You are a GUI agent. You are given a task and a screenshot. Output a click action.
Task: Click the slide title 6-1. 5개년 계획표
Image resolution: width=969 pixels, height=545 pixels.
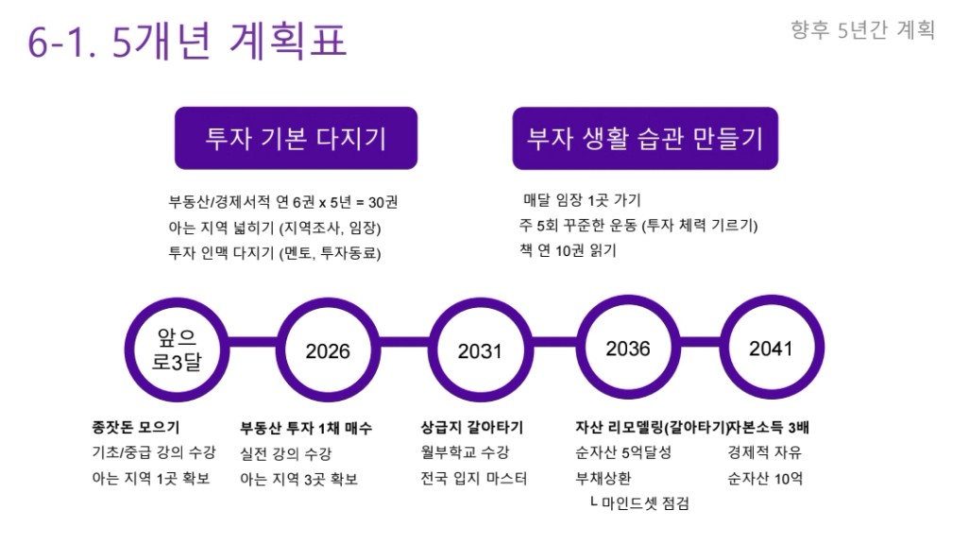coord(187,41)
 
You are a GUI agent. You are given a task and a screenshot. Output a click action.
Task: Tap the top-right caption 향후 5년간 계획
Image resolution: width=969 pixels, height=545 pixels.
coord(862,29)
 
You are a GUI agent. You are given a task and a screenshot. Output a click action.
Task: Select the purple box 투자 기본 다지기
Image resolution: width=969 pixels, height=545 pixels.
coord(296,138)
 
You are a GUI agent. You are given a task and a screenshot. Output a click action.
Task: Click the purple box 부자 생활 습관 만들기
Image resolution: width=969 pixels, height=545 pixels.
coord(645,138)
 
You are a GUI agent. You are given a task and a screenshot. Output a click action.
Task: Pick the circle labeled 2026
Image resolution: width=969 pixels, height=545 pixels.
coord(328,349)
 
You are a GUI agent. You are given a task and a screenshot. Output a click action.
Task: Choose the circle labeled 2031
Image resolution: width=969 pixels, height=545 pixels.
coord(480,349)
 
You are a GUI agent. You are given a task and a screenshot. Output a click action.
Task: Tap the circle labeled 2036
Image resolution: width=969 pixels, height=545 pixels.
coord(628,348)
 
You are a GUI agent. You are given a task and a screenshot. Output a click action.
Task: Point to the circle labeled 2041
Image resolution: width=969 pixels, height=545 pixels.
coord(772,348)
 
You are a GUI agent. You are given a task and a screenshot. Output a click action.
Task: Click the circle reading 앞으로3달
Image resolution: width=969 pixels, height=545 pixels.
coord(177,349)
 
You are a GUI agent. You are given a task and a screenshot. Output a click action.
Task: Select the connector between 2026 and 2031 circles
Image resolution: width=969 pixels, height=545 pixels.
coord(403,342)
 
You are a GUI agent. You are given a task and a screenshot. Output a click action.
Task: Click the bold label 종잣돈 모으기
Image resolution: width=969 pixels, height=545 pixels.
coord(136,427)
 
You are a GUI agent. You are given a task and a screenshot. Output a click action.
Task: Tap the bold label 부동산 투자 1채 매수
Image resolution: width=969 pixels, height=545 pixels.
coord(306,428)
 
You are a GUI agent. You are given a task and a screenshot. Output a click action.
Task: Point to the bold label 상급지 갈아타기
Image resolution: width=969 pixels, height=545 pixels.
coord(472,427)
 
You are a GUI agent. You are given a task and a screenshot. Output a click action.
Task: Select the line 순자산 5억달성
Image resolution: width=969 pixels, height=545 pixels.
coord(623,452)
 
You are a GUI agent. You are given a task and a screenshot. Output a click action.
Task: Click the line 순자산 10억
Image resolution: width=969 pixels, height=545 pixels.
coord(765,478)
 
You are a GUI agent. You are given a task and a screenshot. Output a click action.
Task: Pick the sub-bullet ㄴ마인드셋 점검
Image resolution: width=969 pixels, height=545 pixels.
coord(639,503)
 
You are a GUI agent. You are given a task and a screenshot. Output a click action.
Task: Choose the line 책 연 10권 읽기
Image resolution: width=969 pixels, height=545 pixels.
coord(568,250)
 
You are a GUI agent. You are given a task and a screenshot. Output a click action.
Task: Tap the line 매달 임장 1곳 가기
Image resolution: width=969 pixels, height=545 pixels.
coord(582,199)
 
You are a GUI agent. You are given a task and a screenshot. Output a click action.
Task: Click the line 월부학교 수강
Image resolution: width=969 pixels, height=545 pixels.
coord(465,452)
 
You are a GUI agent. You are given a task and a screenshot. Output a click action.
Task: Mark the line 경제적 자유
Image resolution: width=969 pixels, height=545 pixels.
coord(764,452)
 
